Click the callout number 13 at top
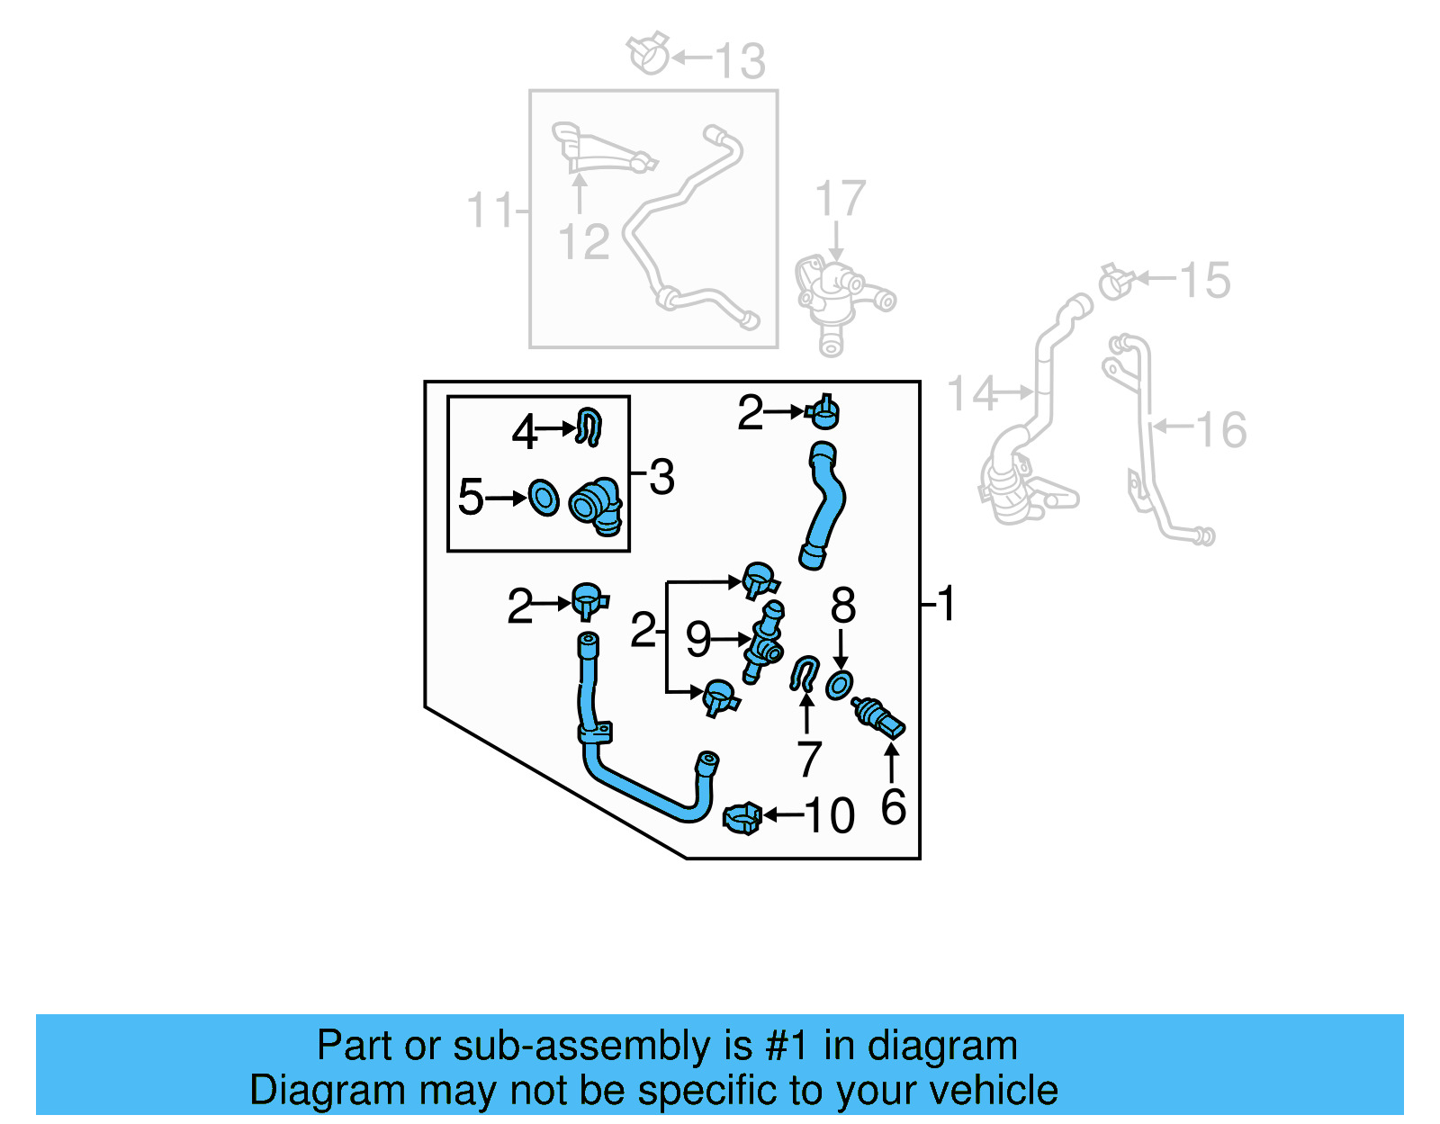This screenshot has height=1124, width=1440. click(740, 61)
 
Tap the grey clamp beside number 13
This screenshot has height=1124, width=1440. click(649, 54)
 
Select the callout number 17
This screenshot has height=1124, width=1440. click(840, 199)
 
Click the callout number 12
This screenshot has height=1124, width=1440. click(583, 242)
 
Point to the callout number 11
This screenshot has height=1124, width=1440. click(489, 211)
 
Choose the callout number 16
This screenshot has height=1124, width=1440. click(1221, 429)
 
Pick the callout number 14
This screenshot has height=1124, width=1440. click(972, 393)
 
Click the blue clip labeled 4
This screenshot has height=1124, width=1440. click(589, 427)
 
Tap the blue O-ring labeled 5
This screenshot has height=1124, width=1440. click(544, 498)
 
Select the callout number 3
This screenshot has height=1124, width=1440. click(661, 477)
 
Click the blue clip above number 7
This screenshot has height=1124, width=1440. click(804, 673)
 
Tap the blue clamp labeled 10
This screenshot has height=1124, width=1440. click(742, 817)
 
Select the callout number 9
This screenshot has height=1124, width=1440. click(698, 639)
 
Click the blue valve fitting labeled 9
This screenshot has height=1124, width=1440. click(763, 642)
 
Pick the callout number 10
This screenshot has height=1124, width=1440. click(829, 816)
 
